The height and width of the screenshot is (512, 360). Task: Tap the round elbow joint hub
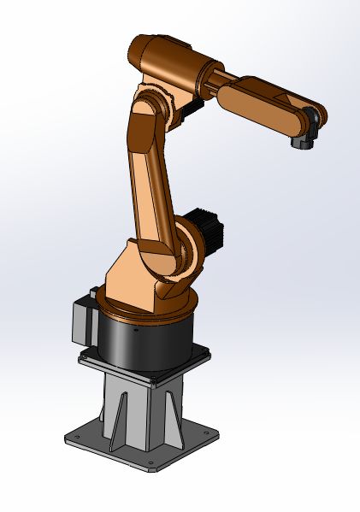click(x=147, y=110)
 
